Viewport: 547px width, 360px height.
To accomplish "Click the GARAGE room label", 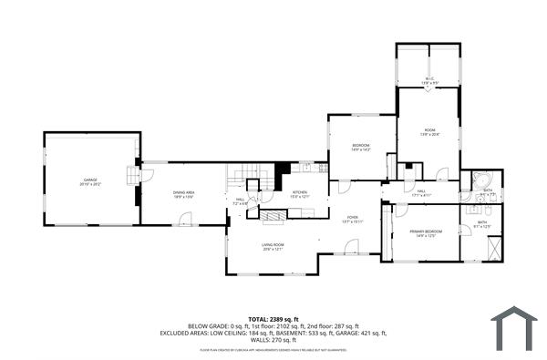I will coord(91,182).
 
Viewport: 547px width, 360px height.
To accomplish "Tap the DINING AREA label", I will coord(184,193).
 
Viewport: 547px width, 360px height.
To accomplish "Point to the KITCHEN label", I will coord(301,194).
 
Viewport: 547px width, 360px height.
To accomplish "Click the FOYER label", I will coord(352,220).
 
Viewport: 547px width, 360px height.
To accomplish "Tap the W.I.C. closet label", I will coord(428,81).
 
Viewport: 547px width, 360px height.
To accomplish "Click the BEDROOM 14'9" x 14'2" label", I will coord(361,149).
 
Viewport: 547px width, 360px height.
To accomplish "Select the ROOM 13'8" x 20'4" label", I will coord(429,132).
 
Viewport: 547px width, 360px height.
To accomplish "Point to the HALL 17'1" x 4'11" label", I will coord(421,193).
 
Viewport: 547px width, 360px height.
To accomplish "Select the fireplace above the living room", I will coord(273,215).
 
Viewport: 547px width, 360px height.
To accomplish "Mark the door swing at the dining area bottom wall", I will coord(186,219).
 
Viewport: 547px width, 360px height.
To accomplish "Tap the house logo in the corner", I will coord(514,327).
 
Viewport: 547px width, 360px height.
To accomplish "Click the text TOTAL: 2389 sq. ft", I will coord(273,319).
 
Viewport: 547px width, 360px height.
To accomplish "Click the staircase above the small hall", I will coord(249,176).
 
